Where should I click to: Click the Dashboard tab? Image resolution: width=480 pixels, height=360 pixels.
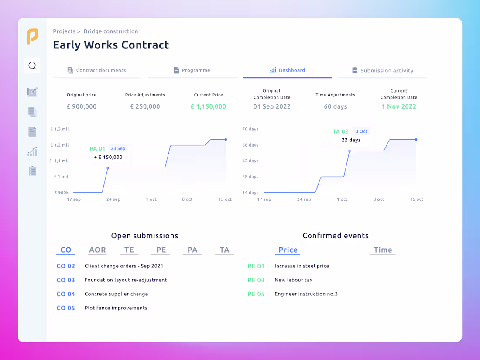[x=288, y=70]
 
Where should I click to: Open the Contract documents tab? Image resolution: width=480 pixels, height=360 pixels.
[x=96, y=70]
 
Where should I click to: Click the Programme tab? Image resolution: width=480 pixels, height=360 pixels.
[x=192, y=70]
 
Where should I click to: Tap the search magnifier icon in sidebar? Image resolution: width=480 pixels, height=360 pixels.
[x=32, y=65]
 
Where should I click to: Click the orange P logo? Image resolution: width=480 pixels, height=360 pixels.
[x=32, y=36]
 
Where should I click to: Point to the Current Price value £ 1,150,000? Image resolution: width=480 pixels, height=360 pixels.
[x=208, y=106]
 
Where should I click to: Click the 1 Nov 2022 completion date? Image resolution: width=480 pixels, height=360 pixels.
[x=399, y=106]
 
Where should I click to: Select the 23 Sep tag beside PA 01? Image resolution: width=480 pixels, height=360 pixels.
[x=118, y=148]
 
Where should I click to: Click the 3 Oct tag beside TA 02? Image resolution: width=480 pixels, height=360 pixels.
[x=361, y=131]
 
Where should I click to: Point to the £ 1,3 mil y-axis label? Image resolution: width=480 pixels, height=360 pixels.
[x=60, y=129]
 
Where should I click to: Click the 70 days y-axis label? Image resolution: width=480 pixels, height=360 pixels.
[x=250, y=129]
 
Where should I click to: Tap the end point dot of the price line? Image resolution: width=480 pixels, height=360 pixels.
[x=226, y=140]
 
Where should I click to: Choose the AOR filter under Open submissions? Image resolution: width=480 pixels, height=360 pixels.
[x=97, y=250]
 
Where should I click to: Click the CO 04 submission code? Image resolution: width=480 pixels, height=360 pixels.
[x=66, y=294]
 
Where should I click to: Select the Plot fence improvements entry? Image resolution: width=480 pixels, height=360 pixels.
[x=116, y=308]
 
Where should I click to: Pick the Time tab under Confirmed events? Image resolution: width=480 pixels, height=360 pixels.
[x=383, y=250]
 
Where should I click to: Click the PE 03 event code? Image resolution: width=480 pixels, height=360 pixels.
[x=256, y=280]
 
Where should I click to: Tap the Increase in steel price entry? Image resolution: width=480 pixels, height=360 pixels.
[x=302, y=266]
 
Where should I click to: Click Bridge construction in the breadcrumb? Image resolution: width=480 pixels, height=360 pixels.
[x=111, y=31]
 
